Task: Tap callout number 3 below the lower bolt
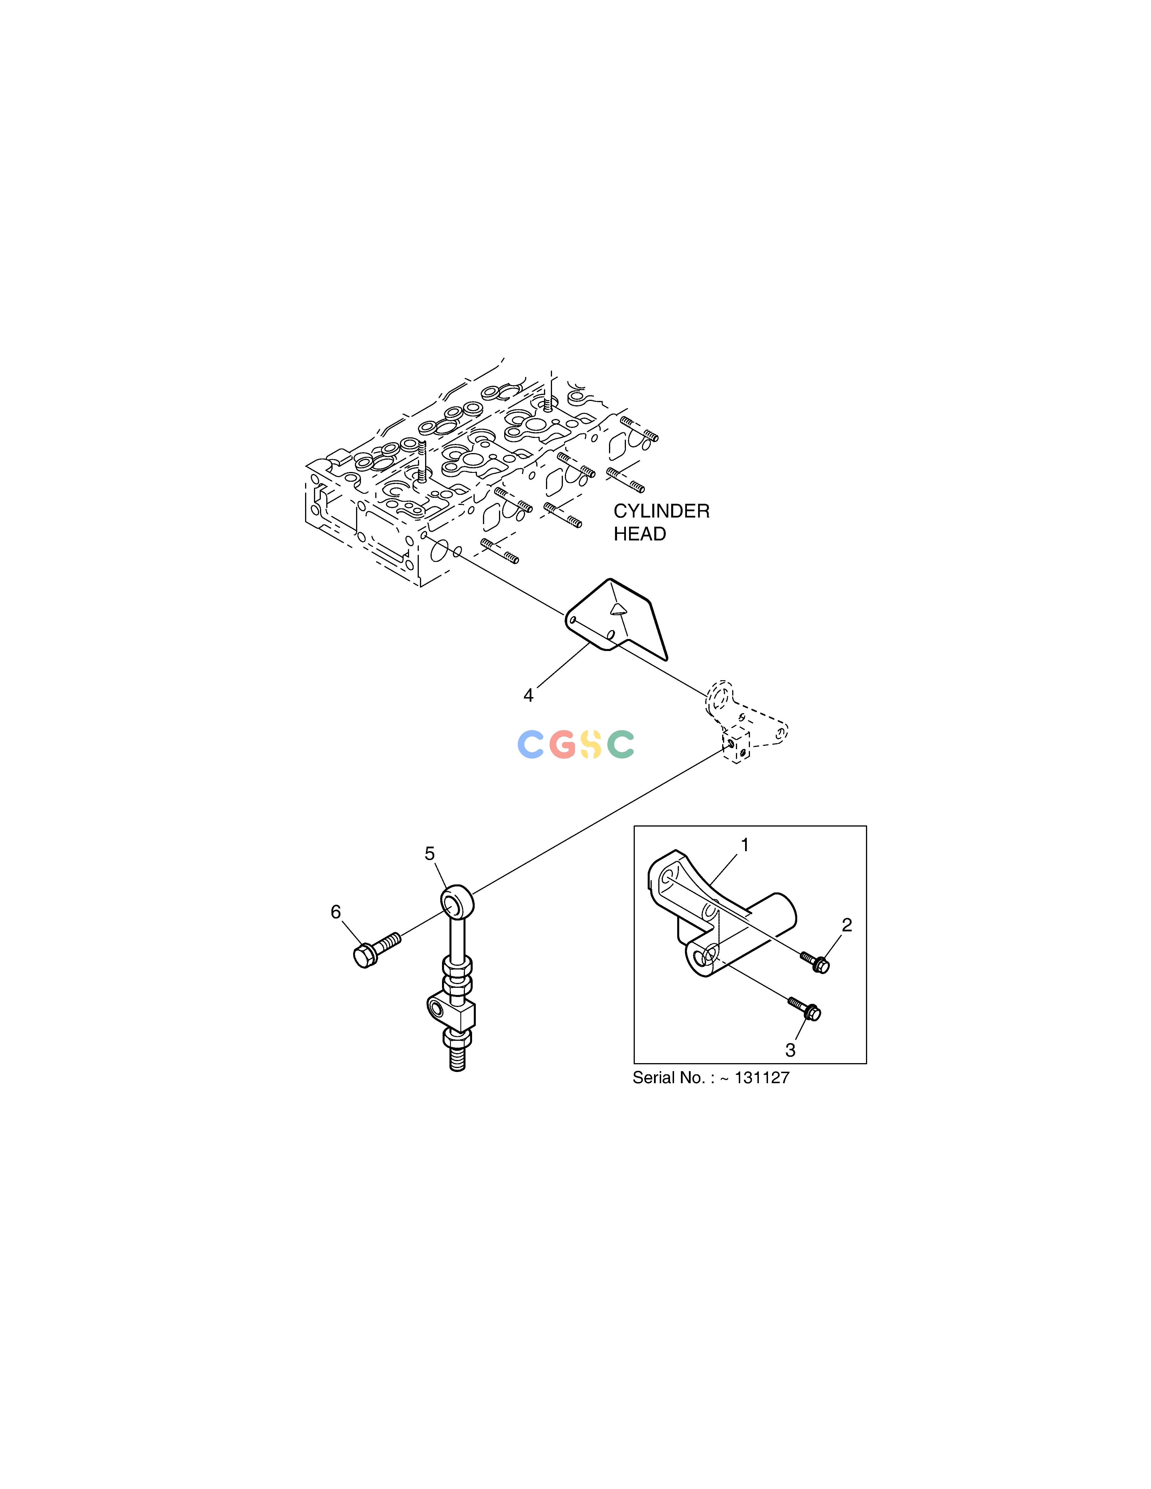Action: [790, 1051]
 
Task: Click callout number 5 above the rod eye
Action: [430, 853]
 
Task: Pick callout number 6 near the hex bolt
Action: [335, 912]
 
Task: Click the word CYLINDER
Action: [661, 511]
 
